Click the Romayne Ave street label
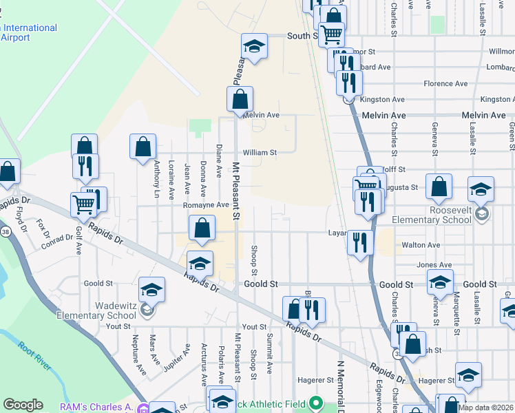coord(205,205)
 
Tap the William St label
coord(259,153)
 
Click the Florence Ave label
coord(446,83)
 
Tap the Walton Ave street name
coord(421,245)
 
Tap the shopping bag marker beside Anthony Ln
coord(143,147)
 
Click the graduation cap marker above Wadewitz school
coord(151,290)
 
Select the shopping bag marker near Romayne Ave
coord(202,229)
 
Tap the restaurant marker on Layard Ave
coord(360,242)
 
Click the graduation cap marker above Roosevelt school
coord(481,189)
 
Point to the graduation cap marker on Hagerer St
coord(468,374)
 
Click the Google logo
coord(23,405)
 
